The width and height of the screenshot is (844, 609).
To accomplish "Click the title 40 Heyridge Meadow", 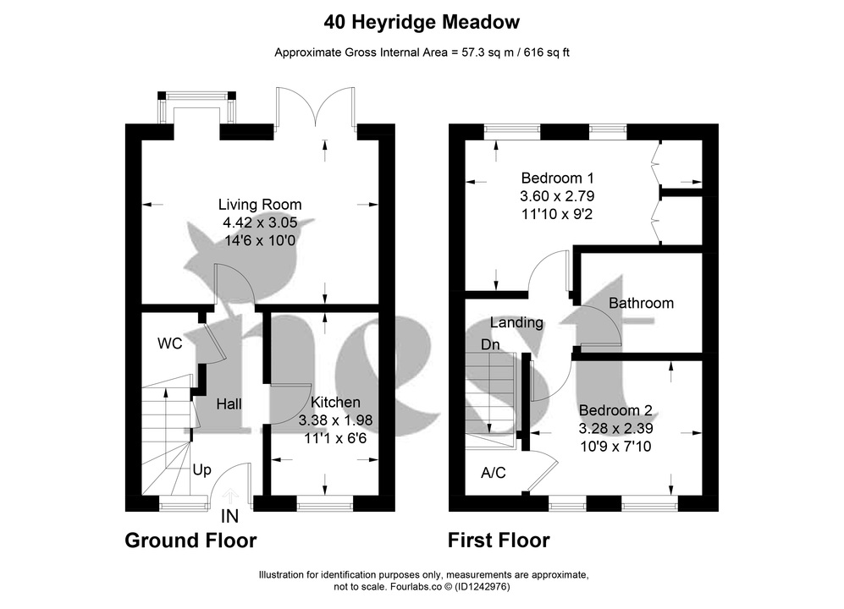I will pos(422,21).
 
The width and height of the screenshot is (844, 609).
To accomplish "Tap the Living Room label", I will pos(260,205).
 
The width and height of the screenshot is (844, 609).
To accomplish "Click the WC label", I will pos(170,344).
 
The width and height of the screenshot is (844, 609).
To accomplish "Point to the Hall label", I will pos(229,404).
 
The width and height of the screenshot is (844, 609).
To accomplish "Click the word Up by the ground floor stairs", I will pos(201,469).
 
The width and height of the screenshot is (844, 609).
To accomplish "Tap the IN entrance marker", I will pos(229,516).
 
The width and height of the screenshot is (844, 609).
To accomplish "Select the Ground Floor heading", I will pos(190,540).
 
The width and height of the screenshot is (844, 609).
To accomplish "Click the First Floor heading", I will pos(499,540).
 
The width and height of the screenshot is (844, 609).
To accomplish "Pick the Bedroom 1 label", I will pos(558,178).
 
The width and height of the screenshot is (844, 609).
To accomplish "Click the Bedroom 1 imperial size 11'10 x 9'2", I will pos(558,214).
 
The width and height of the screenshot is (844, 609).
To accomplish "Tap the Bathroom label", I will pos(641,303).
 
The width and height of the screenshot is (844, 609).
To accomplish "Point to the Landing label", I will pos(516,322).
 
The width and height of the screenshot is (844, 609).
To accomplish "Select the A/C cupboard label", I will pos(493,473).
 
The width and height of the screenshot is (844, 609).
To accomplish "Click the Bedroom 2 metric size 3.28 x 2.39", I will pos(615,428).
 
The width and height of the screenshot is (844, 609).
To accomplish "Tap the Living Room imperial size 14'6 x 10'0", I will pos(260,240).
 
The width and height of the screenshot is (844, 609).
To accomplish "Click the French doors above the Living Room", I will pos(316,108).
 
